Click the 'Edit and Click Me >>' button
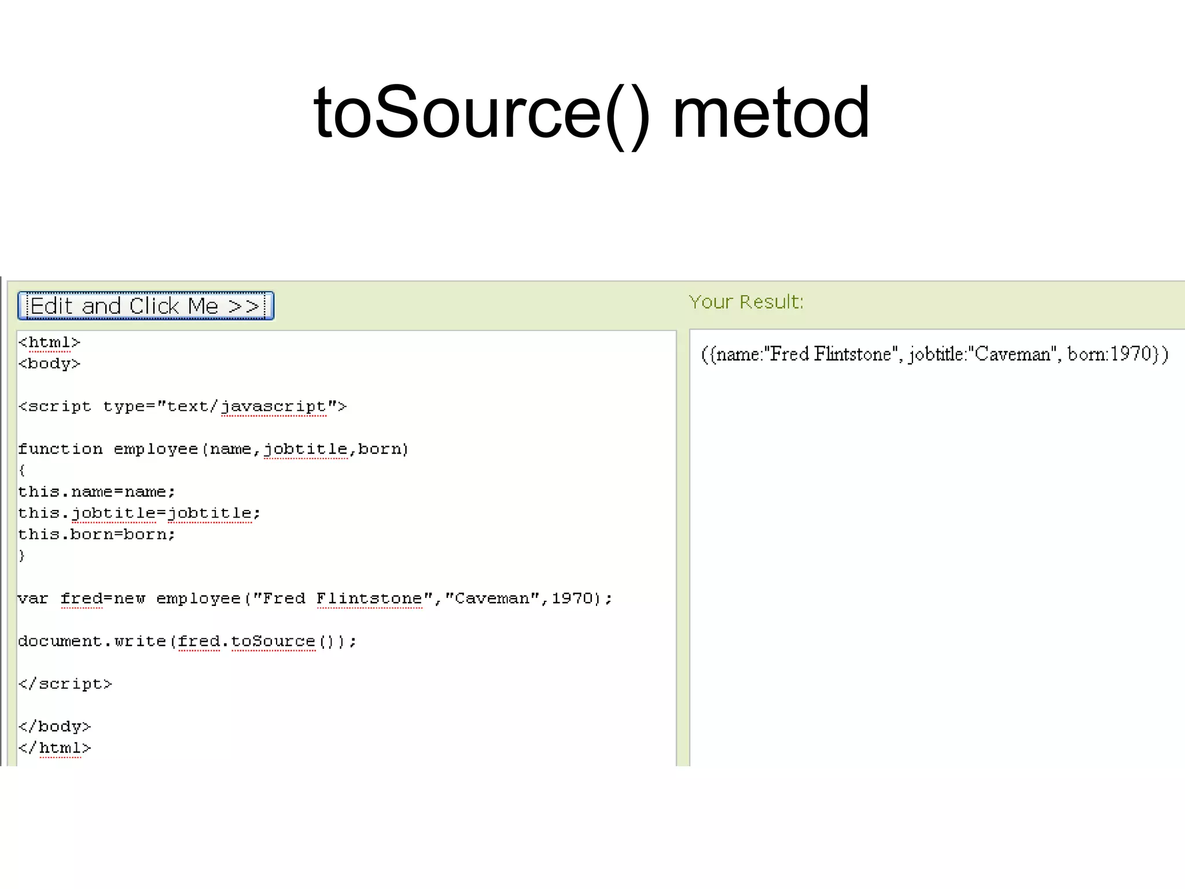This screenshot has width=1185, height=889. [x=145, y=306]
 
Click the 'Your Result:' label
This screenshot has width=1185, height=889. [x=746, y=302]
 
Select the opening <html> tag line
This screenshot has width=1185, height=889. [x=49, y=343]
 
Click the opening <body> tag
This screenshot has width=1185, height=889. [x=49, y=364]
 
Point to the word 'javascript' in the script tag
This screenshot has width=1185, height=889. [x=274, y=407]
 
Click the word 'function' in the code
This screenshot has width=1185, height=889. [x=60, y=449]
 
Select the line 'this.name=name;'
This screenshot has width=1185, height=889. [x=96, y=492]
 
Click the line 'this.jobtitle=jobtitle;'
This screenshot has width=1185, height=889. [x=139, y=513]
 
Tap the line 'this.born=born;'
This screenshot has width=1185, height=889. [x=96, y=535]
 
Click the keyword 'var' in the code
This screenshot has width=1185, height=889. [x=33, y=598]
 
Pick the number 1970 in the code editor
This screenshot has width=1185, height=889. [x=572, y=598]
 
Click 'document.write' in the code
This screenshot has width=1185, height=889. [x=92, y=641]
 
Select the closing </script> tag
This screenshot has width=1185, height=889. [x=65, y=684]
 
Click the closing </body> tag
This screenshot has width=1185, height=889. [x=54, y=726]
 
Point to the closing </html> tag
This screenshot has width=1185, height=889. [x=54, y=748]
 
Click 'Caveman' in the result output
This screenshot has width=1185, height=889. [x=1013, y=354]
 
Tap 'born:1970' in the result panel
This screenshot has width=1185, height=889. [x=1109, y=354]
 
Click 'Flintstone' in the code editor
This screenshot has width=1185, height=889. [x=369, y=598]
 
